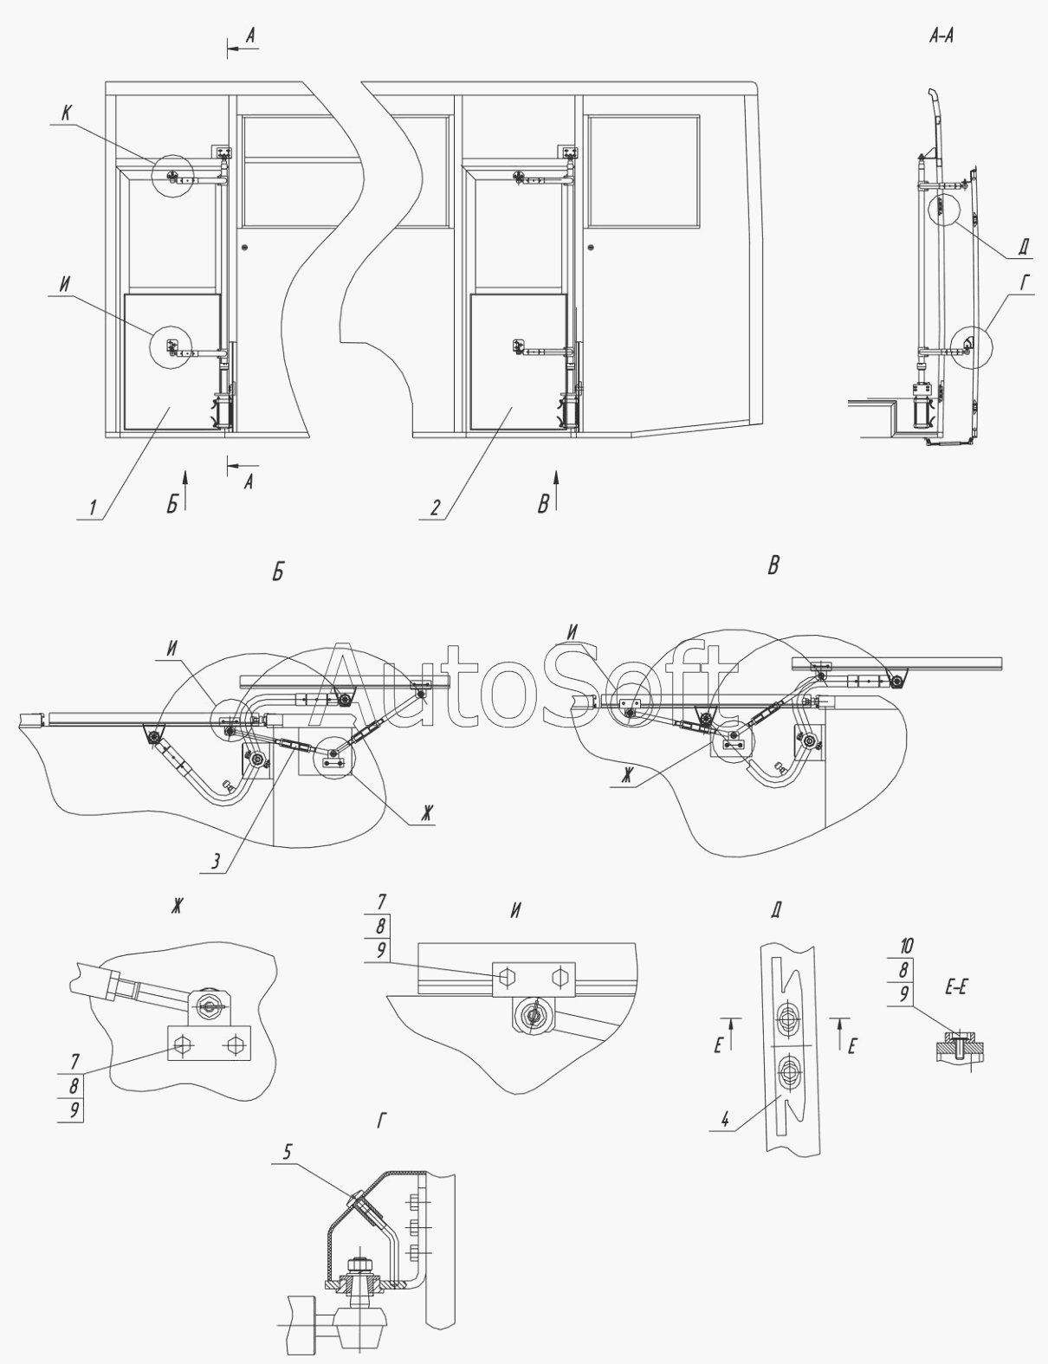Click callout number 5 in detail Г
click(288, 1152)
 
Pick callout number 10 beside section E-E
click(905, 945)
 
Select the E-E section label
click(955, 987)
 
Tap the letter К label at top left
click(66, 113)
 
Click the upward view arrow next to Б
click(184, 482)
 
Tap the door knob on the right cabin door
click(590, 249)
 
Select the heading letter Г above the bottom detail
click(381, 1122)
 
